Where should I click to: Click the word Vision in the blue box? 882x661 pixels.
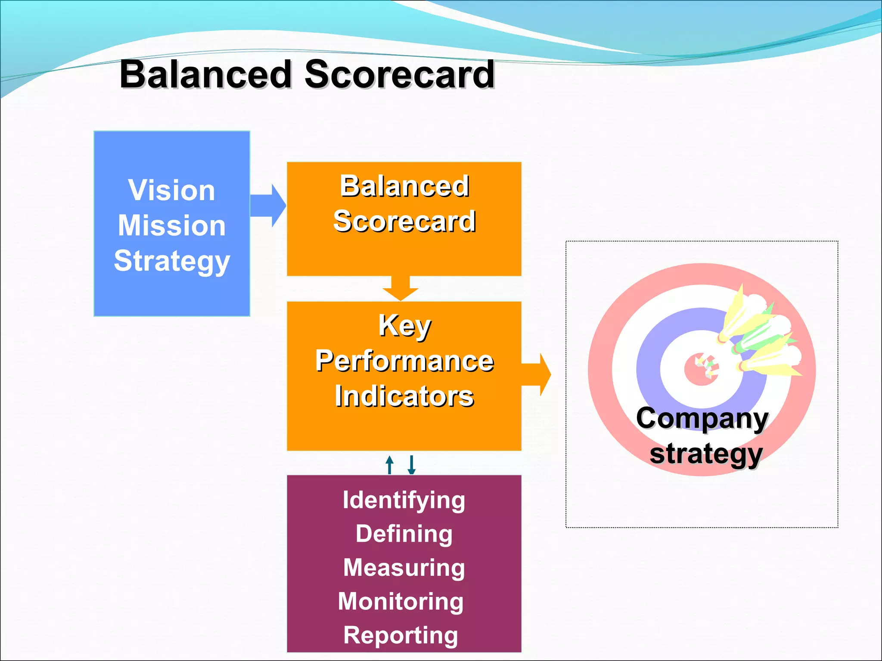171,190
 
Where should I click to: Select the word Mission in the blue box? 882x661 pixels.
171,225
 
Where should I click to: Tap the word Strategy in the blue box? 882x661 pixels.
171,261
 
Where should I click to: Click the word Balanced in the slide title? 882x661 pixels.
206,74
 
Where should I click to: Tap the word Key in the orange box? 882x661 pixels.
404,326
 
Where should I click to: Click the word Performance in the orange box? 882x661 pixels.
404,361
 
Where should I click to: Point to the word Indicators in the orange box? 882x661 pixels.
404,396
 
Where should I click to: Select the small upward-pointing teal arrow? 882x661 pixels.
390,465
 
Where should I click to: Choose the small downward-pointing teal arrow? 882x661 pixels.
412,465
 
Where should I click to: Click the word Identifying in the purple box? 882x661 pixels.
404,500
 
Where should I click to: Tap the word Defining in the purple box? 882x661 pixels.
404,534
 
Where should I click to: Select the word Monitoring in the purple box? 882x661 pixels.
401,601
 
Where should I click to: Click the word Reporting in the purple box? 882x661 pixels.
401,635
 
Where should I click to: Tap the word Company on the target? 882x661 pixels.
702,418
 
